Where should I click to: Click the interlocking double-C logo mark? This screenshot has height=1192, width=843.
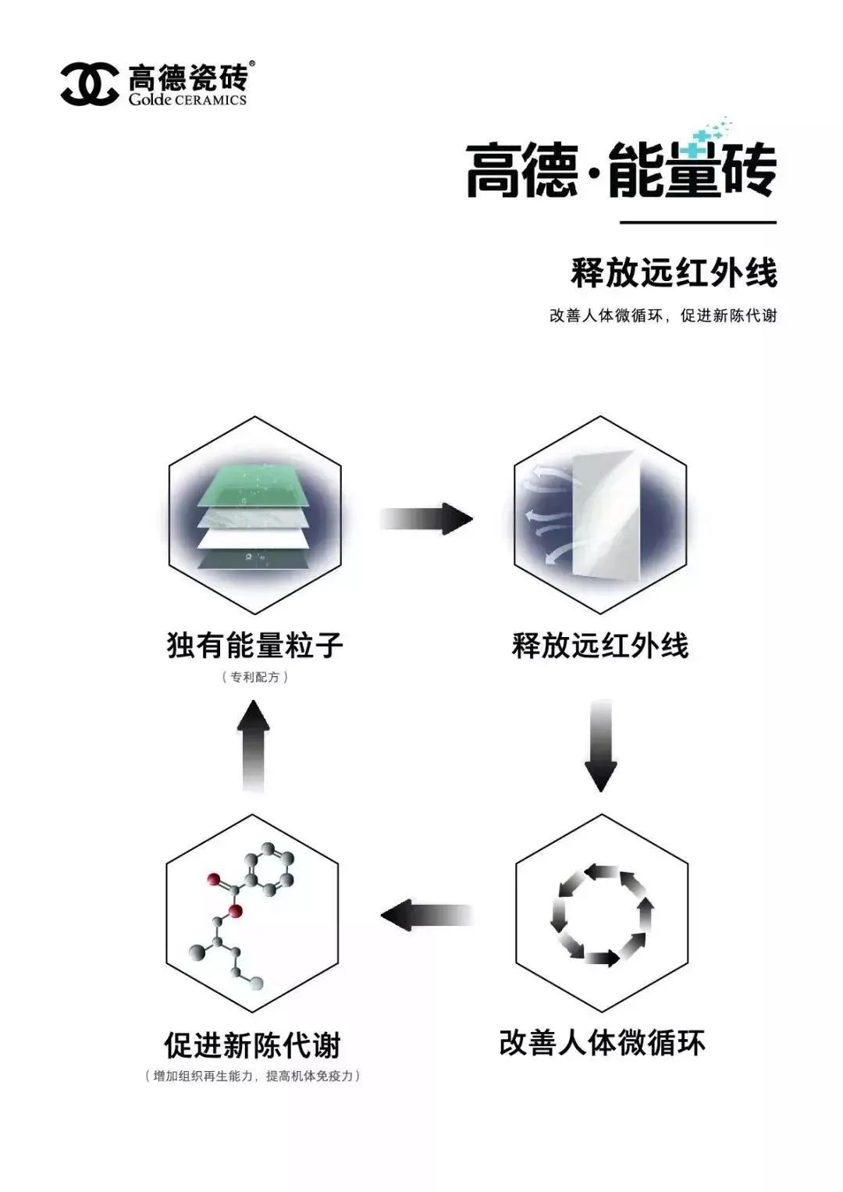(x=90, y=84)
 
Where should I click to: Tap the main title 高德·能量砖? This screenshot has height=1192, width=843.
(x=621, y=169)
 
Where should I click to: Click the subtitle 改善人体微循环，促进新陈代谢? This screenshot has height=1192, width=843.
(x=663, y=316)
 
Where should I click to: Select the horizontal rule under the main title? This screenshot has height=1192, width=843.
(x=698, y=222)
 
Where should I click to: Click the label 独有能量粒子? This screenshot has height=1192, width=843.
(x=254, y=646)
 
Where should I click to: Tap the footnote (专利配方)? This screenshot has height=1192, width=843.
(x=254, y=677)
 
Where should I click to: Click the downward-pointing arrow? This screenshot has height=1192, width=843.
(x=600, y=745)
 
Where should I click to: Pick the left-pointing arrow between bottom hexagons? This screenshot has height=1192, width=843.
(x=427, y=915)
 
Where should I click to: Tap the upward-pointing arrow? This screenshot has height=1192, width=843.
(x=254, y=745)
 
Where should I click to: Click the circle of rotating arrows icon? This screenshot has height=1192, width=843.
(x=601, y=914)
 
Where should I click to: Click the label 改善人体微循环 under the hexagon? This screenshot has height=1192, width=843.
(x=601, y=1043)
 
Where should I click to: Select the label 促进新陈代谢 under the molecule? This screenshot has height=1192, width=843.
(x=253, y=1044)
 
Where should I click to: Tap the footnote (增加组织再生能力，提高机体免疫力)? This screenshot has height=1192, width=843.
(x=253, y=1076)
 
